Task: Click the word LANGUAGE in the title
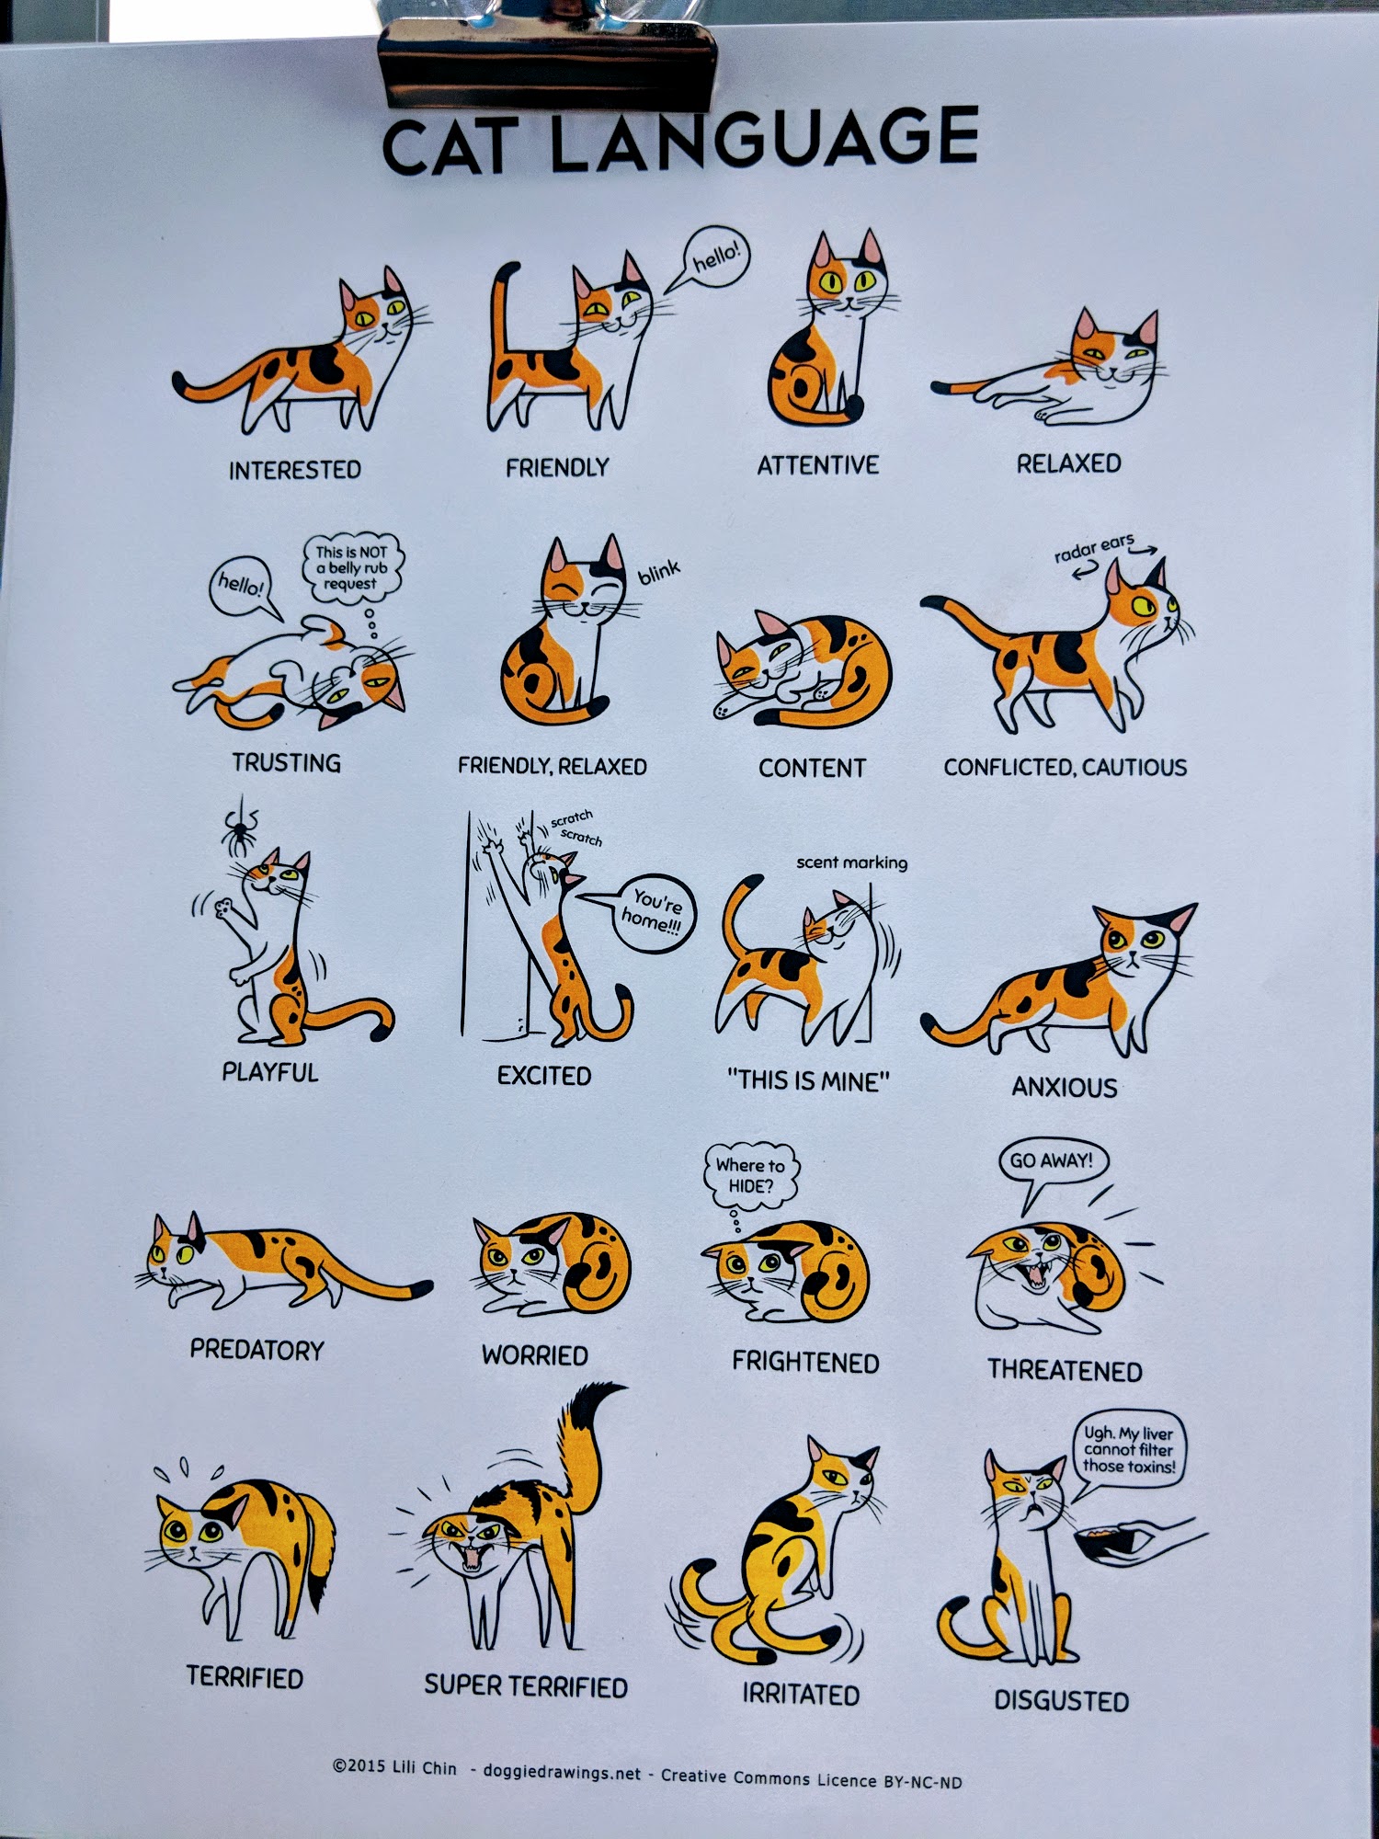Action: coord(765,139)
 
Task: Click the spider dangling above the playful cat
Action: coord(240,828)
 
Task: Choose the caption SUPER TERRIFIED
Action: coord(526,1686)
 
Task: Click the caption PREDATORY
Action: coord(257,1350)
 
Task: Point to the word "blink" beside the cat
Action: coord(659,572)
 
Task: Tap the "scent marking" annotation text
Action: coord(851,862)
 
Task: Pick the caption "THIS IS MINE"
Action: coord(808,1080)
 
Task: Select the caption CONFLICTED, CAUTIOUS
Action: coord(1066,767)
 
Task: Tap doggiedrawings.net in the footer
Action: coord(562,1773)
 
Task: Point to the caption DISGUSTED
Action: coord(1062,1701)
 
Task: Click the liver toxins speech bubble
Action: coord(1128,1450)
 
